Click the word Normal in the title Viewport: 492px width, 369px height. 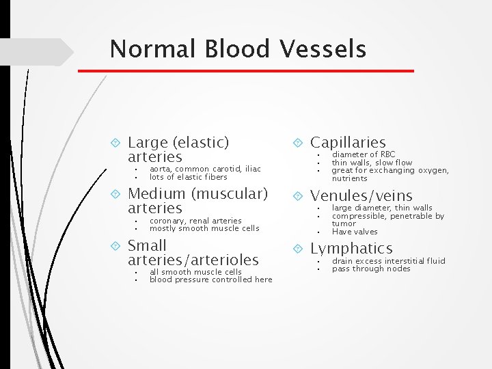tap(147, 49)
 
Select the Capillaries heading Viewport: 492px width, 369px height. tap(348, 142)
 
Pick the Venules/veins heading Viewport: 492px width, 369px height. tap(361, 196)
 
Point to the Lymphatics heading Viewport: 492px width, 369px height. tap(351, 248)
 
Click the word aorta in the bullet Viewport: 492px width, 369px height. tap(161, 169)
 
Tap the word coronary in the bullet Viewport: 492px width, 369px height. tap(166, 221)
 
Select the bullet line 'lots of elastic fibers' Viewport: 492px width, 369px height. tap(188, 177)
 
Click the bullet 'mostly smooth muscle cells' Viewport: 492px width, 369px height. tap(204, 228)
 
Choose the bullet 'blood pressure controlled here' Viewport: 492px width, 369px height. tap(210, 279)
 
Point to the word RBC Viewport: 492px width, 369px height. tap(387, 155)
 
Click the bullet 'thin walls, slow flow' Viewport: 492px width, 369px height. tap(372, 163)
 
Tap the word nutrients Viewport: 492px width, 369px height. tap(349, 178)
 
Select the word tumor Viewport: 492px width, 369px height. tap(344, 223)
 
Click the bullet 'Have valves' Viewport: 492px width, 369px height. tap(355, 232)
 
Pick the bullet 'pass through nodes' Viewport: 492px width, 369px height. tap(371, 269)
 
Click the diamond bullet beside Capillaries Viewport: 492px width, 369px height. tap(298, 143)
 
